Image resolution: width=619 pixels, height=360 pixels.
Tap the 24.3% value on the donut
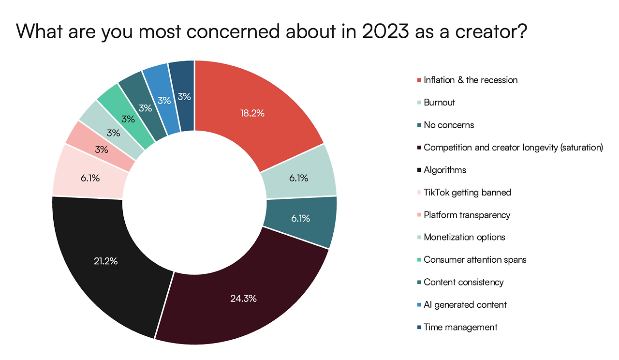(243, 298)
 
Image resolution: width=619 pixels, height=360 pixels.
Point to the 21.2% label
(106, 261)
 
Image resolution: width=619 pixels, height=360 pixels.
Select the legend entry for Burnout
(439, 103)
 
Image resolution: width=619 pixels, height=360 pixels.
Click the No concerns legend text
(449, 125)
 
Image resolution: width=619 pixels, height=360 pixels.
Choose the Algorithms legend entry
(445, 170)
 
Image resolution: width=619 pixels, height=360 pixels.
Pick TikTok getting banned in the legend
(467, 192)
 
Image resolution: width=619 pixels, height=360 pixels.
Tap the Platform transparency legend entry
(467, 215)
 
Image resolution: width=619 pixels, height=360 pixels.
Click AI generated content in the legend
(465, 304)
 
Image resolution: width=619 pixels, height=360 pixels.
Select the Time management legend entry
(460, 327)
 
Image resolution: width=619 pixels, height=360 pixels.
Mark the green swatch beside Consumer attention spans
(418, 260)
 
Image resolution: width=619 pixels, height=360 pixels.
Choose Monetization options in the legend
(464, 237)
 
